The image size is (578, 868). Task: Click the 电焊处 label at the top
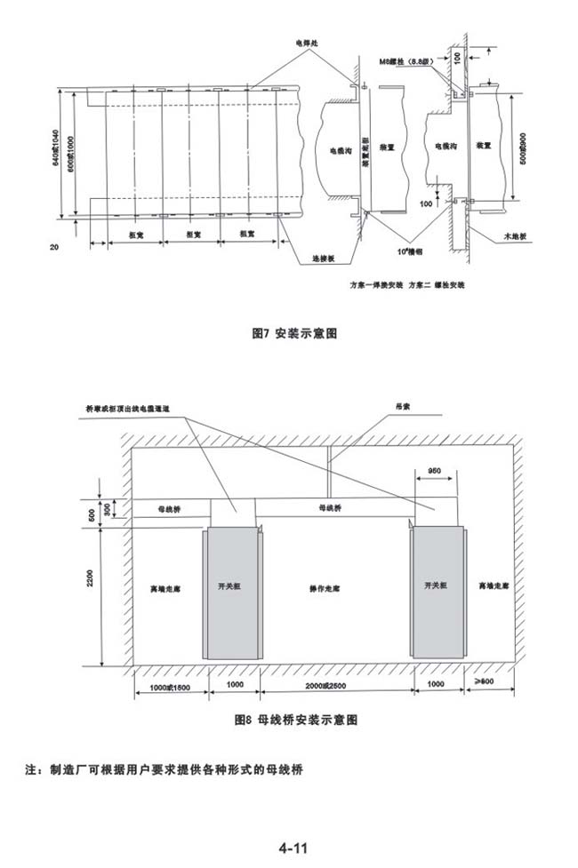click(306, 42)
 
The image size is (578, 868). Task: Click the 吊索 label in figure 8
click(404, 405)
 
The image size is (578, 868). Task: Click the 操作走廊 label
click(325, 588)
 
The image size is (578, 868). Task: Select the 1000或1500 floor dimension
click(171, 687)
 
